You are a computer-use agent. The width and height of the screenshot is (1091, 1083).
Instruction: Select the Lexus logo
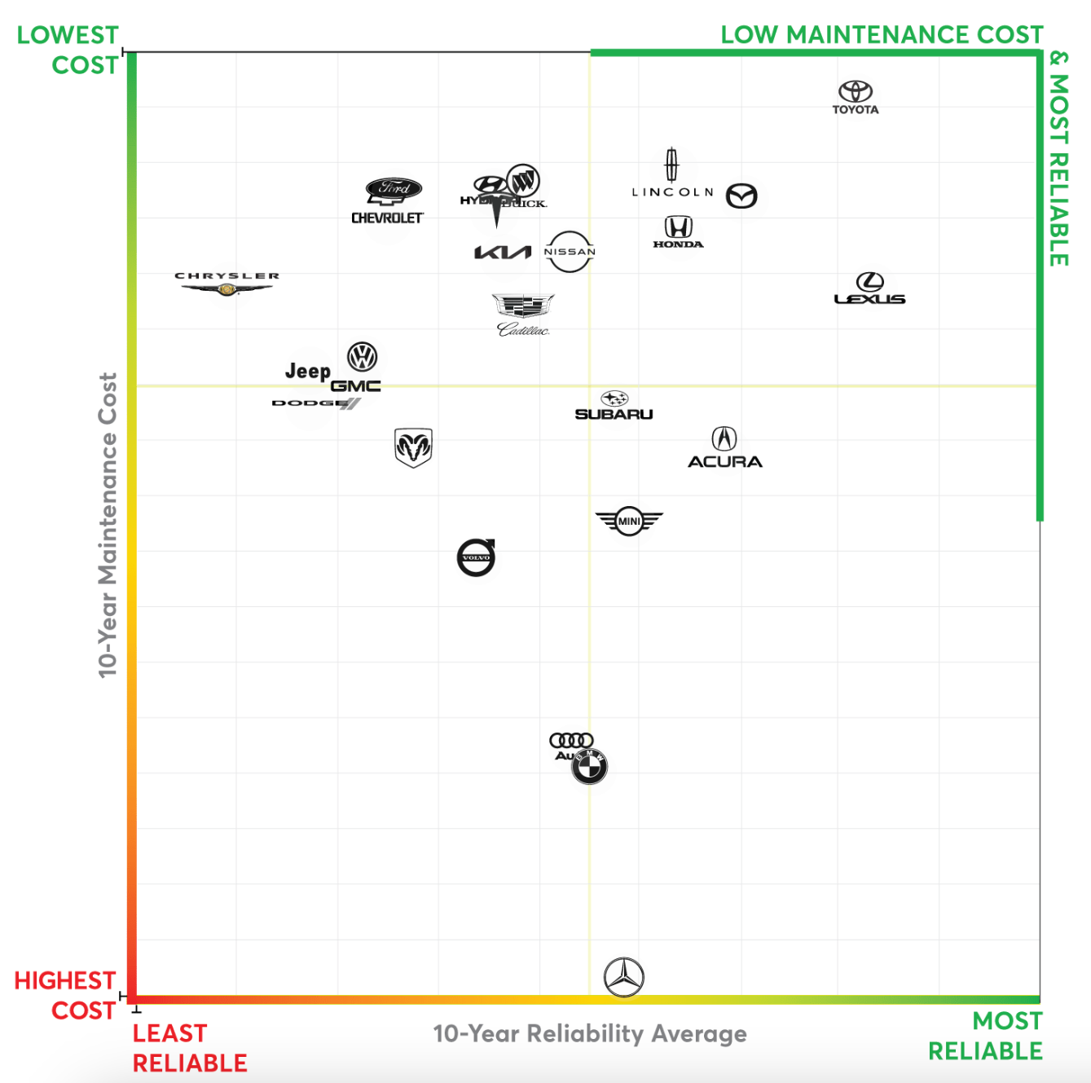click(x=869, y=289)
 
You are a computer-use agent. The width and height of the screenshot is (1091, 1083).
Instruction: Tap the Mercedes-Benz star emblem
click(x=624, y=977)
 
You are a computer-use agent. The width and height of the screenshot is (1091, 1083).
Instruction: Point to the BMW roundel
click(x=589, y=766)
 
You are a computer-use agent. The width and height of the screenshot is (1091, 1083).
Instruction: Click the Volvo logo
click(x=477, y=557)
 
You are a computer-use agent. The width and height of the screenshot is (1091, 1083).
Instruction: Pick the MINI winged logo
click(x=629, y=521)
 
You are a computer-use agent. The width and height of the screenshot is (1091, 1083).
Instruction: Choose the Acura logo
click(x=724, y=448)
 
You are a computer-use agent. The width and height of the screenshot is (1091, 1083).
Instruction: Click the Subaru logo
click(x=614, y=406)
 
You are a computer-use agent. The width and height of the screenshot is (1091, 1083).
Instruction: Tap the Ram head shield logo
click(x=413, y=447)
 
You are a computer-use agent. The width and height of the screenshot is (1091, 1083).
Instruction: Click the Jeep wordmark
click(x=308, y=372)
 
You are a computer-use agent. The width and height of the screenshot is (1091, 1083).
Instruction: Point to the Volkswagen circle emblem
click(x=362, y=357)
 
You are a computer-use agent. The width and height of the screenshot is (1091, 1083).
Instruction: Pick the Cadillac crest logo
click(x=524, y=315)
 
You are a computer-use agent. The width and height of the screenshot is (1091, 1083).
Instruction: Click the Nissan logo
click(x=570, y=252)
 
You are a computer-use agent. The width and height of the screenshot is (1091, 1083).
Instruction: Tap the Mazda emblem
click(x=741, y=196)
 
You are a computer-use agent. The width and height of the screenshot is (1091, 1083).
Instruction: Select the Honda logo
click(x=678, y=231)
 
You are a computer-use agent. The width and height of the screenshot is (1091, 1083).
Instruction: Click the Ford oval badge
click(x=394, y=188)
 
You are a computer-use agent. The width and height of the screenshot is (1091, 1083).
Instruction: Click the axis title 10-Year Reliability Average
click(x=590, y=1033)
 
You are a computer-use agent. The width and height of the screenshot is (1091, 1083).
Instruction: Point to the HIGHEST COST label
click(x=65, y=995)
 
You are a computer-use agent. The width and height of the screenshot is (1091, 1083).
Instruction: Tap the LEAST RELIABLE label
click(x=189, y=1048)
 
